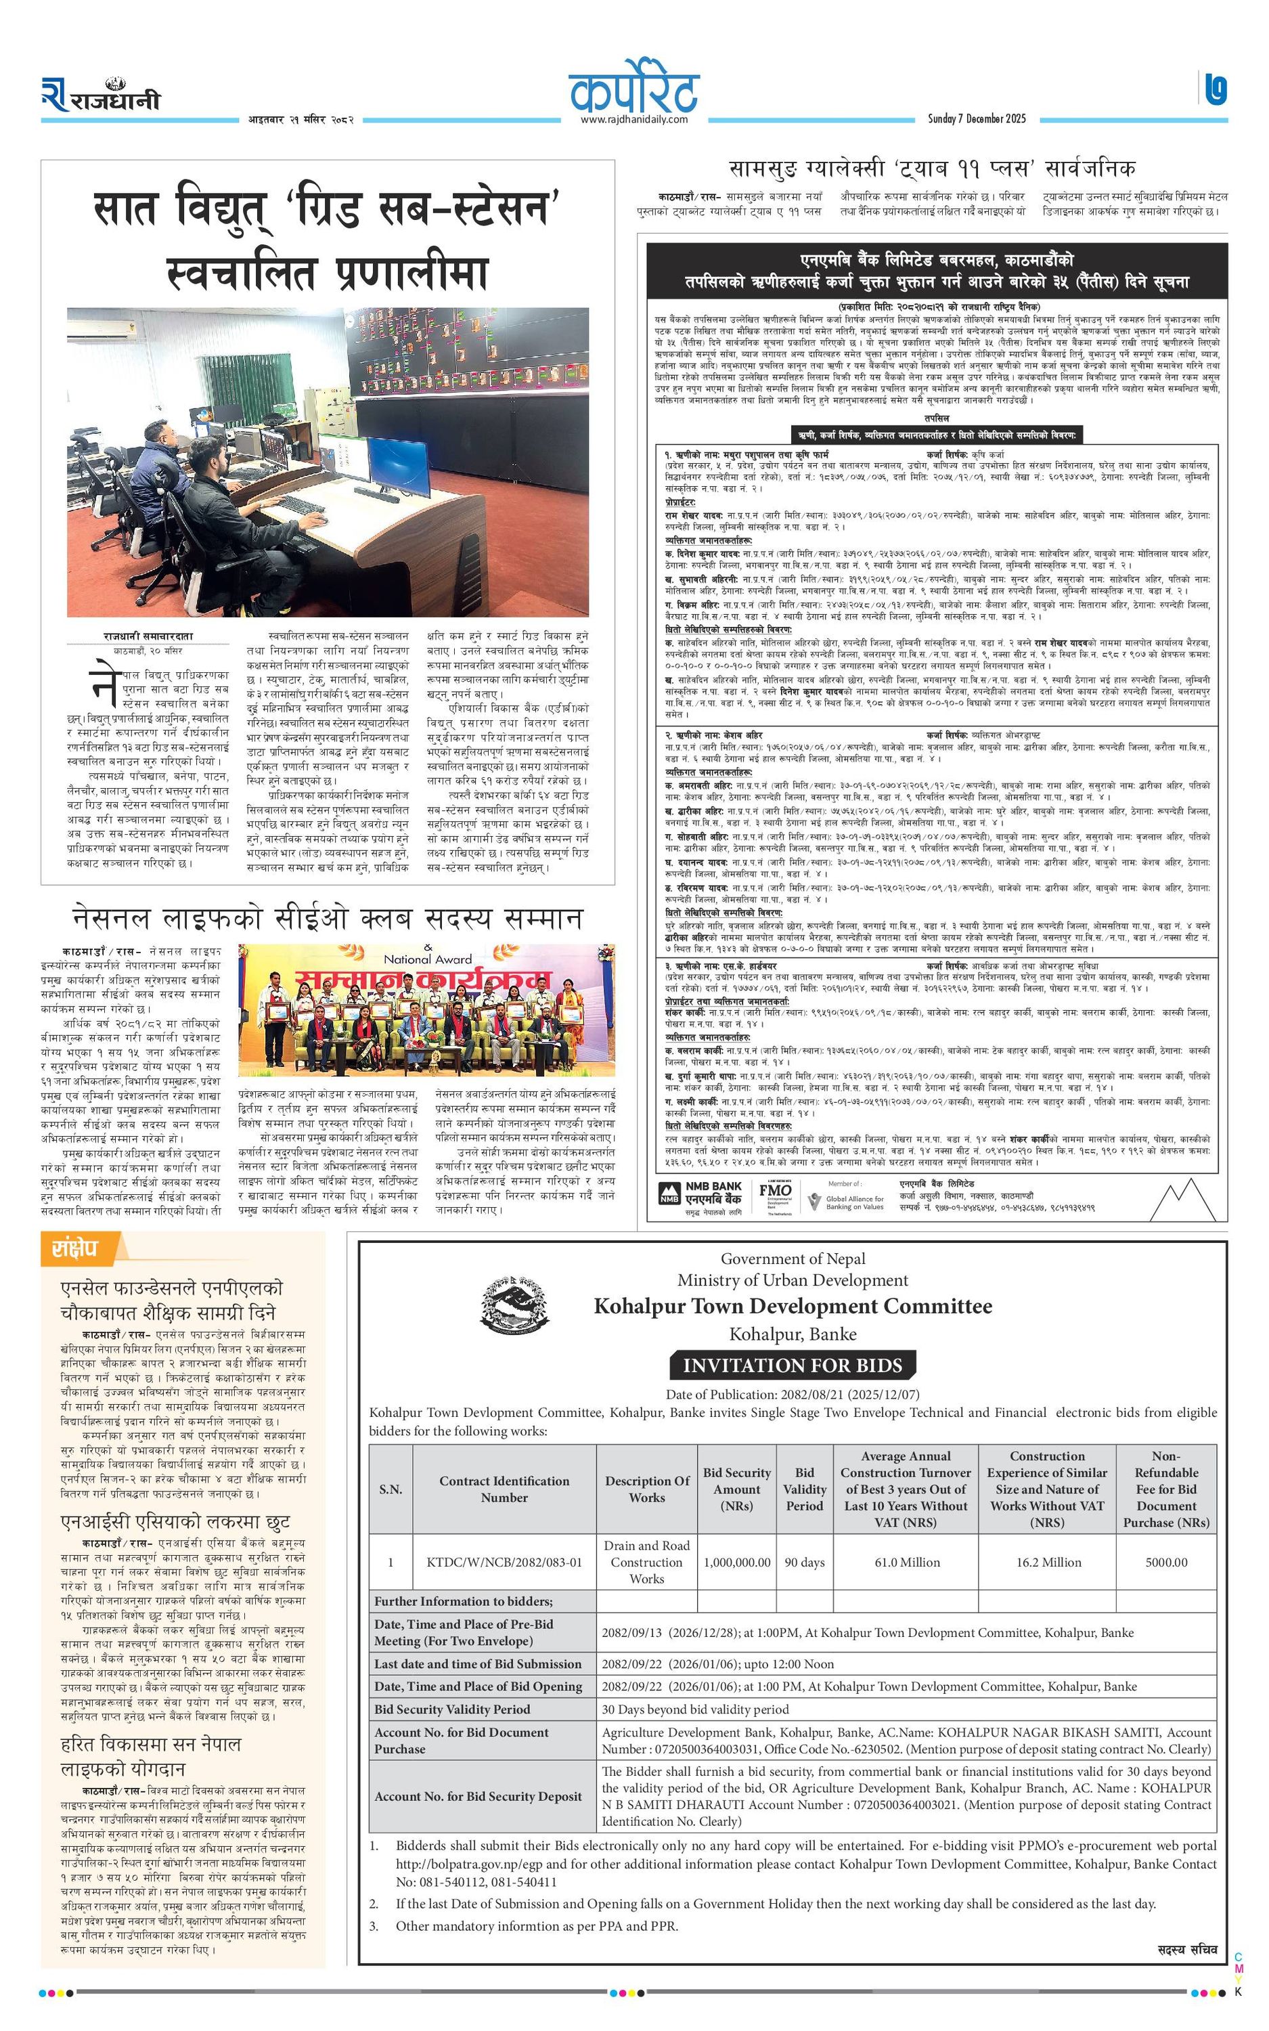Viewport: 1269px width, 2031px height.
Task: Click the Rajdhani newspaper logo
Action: (101, 95)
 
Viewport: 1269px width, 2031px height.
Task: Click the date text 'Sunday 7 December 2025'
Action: (976, 118)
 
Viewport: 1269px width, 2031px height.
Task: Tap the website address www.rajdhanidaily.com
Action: (633, 119)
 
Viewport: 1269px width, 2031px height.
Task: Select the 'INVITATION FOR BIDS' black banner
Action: (793, 1366)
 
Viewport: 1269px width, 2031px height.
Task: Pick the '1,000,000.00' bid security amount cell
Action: (737, 1562)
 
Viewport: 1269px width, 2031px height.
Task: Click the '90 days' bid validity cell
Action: (804, 1562)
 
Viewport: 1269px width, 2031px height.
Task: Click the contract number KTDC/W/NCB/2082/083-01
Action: (504, 1562)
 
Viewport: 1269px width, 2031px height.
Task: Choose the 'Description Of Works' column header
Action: (647, 1489)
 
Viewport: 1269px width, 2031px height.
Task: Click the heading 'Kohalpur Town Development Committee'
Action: (793, 1306)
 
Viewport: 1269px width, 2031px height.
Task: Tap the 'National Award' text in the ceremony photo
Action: (428, 959)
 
